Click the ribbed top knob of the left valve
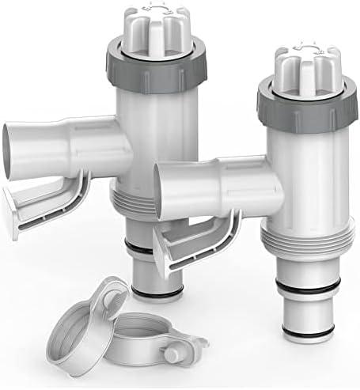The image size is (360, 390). pos(152,28)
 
